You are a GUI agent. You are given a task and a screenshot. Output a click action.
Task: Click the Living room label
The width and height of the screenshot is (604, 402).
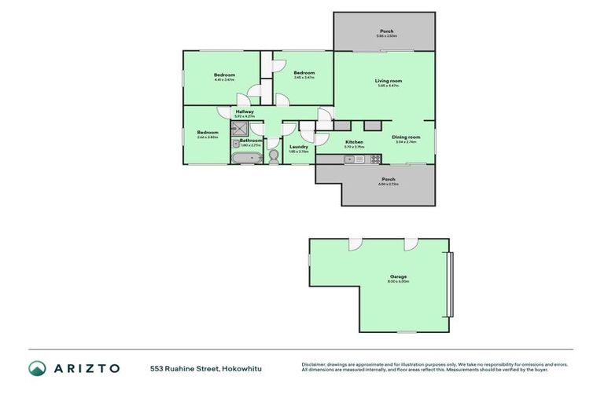click(x=388, y=80)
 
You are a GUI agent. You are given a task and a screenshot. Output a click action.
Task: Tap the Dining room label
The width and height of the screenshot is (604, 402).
click(x=407, y=137)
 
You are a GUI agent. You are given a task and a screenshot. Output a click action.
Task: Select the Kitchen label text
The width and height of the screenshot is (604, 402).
click(x=354, y=142)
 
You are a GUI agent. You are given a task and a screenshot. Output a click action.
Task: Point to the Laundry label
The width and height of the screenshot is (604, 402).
click(x=298, y=146)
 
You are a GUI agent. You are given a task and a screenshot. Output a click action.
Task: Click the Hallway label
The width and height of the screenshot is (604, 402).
click(x=245, y=111)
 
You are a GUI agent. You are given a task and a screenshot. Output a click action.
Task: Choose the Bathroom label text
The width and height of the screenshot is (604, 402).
click(x=251, y=140)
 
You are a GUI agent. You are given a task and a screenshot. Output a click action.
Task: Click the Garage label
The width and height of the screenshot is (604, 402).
click(x=399, y=276)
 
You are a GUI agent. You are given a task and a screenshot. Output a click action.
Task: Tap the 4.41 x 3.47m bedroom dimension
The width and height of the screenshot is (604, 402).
click(x=224, y=80)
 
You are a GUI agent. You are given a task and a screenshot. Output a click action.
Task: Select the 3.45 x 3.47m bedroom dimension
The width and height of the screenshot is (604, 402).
click(x=304, y=78)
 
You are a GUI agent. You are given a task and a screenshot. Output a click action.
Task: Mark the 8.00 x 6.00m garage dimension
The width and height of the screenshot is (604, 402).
click(x=399, y=281)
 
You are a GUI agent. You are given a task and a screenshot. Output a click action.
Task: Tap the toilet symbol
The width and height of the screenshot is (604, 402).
click(x=274, y=156)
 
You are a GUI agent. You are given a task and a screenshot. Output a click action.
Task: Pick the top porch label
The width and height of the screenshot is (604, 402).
click(x=385, y=31)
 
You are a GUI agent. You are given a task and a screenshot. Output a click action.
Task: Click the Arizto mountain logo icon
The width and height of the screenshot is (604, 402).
click(x=36, y=367)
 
